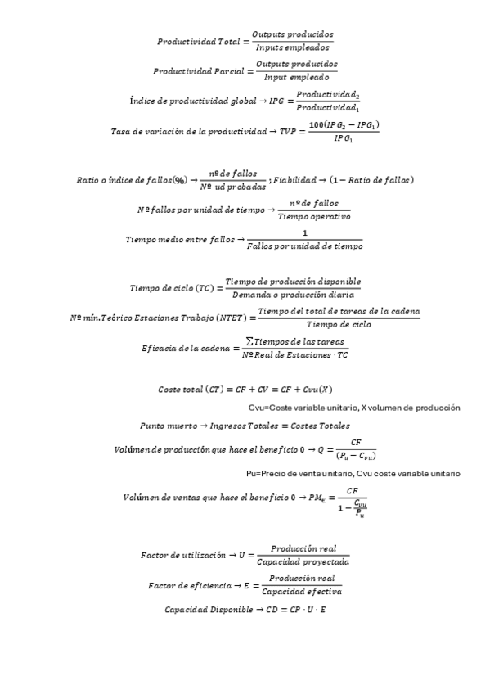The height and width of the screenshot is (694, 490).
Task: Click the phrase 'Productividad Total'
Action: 196,41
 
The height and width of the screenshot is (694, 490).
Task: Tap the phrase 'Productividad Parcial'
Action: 198,71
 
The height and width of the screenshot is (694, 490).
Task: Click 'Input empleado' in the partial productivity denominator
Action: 295,78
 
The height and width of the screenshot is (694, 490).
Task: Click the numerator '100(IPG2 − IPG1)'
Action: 344,124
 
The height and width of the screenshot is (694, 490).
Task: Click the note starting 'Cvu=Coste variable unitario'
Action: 354,407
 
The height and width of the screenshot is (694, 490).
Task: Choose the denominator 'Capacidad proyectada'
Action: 303,562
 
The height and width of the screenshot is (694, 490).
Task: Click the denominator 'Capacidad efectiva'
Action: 303,591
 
